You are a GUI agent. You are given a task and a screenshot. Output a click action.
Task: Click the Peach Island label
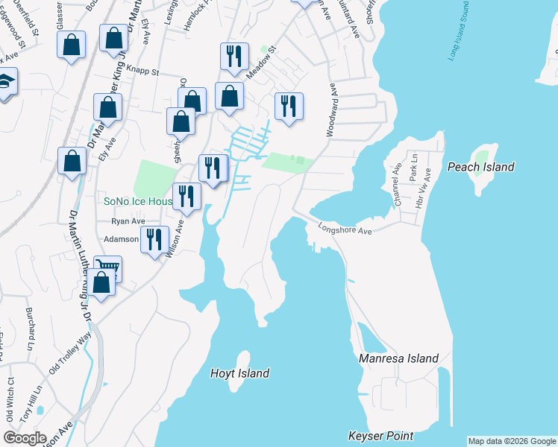[480, 167]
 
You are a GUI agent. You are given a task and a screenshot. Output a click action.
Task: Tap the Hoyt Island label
[239, 373]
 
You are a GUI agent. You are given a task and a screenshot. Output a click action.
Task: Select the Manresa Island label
[398, 358]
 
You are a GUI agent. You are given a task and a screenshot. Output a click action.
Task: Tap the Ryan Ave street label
[128, 221]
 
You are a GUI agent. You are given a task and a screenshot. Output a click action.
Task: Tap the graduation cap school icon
[4, 83]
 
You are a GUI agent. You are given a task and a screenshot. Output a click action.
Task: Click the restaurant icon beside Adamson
[154, 239]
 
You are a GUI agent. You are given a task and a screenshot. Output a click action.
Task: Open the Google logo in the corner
[25, 438]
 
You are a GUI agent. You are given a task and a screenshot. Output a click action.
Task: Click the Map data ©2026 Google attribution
[512, 441]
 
